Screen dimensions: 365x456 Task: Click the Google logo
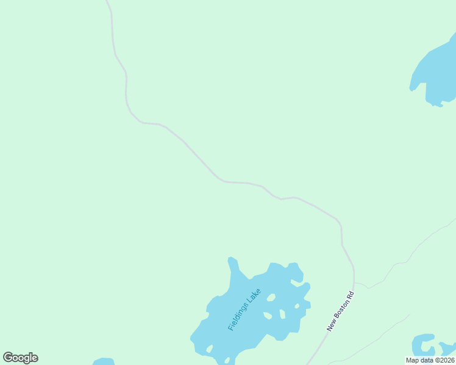point(20,358)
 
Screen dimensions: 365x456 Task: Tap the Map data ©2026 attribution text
point(430,360)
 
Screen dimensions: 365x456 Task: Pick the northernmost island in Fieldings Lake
point(271,297)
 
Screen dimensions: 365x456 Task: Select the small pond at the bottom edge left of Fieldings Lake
point(104,361)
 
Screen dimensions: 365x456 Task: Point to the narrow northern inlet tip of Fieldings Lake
point(231,260)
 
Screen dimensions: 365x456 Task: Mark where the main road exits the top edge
point(107,1)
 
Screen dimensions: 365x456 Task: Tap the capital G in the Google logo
point(8,357)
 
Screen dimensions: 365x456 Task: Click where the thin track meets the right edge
point(454,220)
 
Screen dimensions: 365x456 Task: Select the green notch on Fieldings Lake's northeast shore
point(297,281)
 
